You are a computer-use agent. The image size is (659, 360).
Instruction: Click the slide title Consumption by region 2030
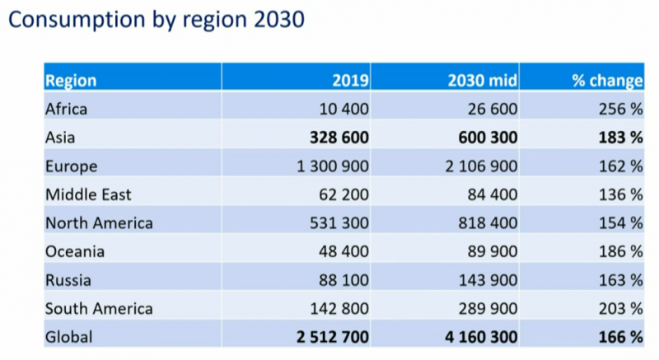(x=156, y=19)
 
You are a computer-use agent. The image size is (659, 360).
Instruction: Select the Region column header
(x=71, y=81)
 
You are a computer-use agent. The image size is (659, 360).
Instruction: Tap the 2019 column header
(x=350, y=81)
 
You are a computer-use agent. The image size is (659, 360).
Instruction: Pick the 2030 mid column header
(x=482, y=81)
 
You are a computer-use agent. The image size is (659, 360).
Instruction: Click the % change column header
(x=607, y=81)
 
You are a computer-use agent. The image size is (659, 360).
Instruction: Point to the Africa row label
(x=66, y=108)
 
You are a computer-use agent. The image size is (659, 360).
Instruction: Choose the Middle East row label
(x=88, y=194)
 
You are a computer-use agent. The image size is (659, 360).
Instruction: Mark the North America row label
(x=99, y=223)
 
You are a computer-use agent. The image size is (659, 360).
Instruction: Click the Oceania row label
(x=75, y=251)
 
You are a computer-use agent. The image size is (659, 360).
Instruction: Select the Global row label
(x=70, y=336)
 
